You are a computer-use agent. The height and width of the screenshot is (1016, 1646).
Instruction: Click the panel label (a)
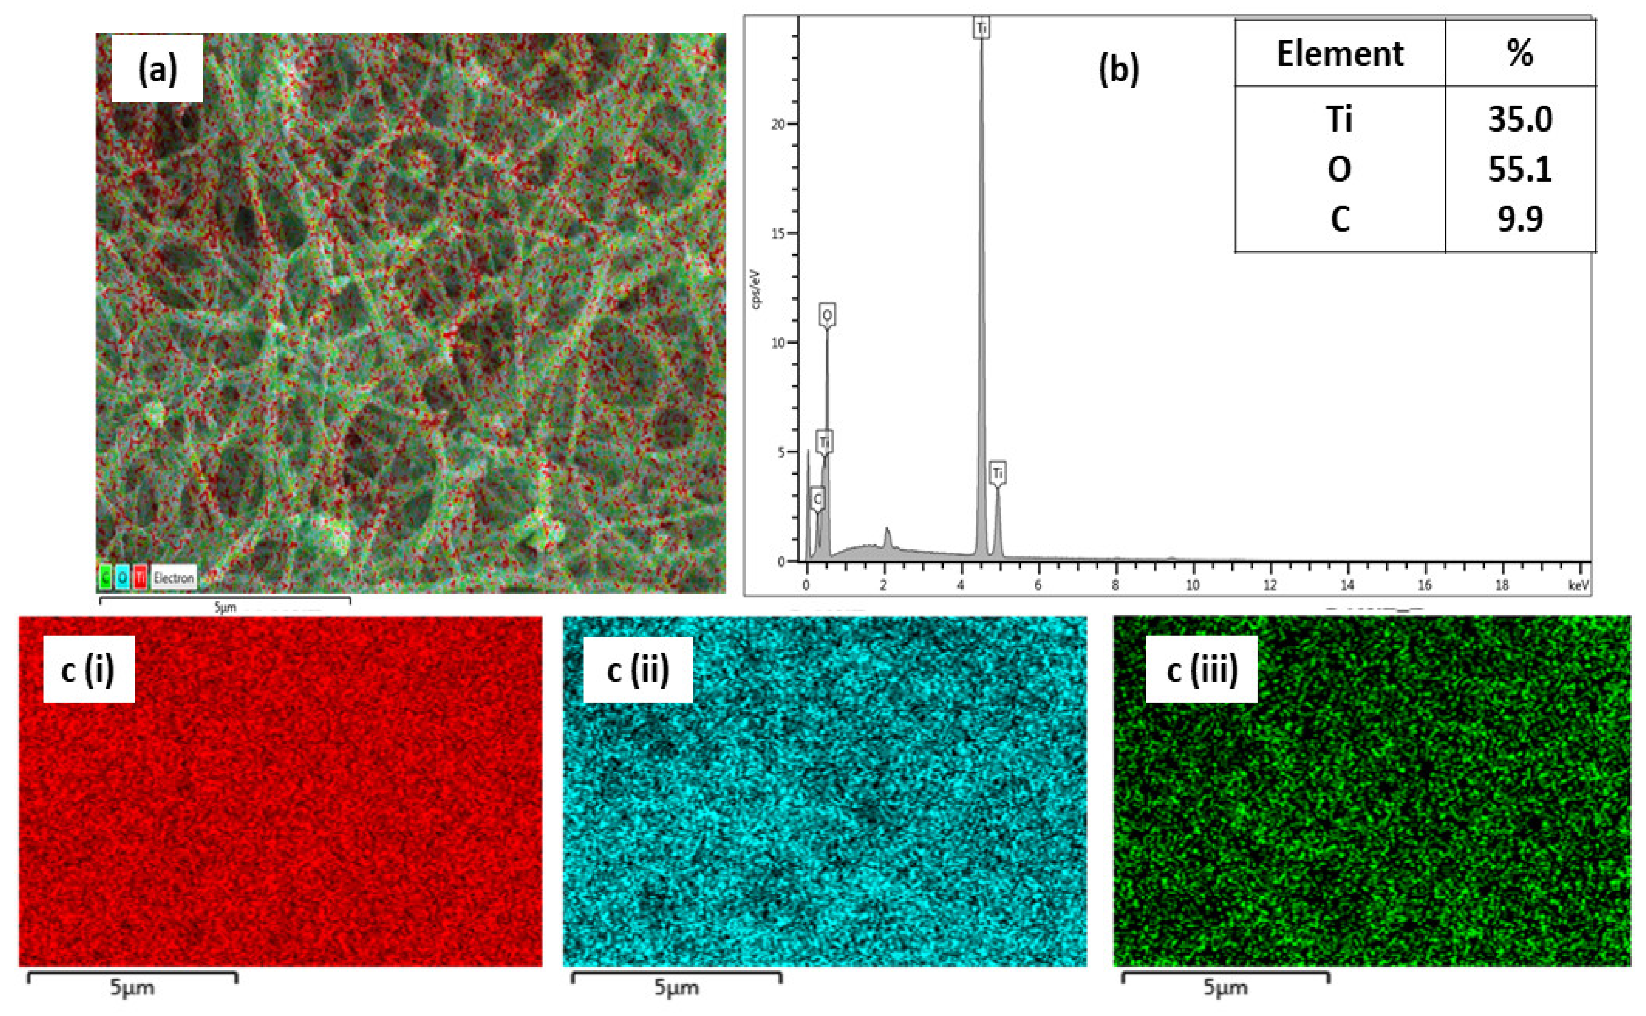click(x=157, y=69)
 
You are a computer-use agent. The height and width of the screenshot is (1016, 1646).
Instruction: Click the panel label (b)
click(x=1118, y=69)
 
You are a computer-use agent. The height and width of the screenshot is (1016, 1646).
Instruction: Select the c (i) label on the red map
click(x=88, y=670)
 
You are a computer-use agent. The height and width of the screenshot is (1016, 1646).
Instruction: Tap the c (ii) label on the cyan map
click(x=638, y=670)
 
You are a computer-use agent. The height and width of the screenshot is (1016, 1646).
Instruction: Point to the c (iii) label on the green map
click(x=1202, y=670)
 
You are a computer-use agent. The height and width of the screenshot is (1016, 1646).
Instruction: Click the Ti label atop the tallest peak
click(x=981, y=28)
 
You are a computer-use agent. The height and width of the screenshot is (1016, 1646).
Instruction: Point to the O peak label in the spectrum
click(x=827, y=315)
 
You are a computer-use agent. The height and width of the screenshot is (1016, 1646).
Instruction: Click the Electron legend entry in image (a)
click(x=173, y=577)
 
